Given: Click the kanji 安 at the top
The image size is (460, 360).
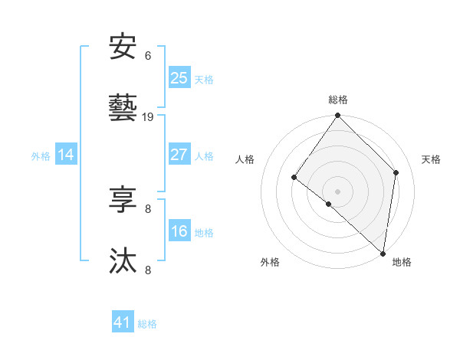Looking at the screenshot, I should [x=123, y=47].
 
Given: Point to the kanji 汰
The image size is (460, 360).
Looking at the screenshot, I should [x=123, y=261].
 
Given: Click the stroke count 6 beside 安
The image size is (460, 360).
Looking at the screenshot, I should [x=148, y=55].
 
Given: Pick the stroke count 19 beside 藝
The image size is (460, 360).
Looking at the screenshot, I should [x=148, y=117].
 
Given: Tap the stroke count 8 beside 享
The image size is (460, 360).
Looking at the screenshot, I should [x=148, y=208].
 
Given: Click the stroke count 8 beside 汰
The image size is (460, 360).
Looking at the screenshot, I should [x=148, y=270].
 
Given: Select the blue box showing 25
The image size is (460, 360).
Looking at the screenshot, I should [x=179, y=77].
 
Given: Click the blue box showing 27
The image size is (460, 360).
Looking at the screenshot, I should [x=179, y=154].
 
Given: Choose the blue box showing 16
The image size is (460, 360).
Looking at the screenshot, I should [x=179, y=231].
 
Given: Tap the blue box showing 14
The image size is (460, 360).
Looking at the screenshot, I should [x=66, y=155].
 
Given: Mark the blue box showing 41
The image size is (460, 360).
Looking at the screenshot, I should [x=123, y=322].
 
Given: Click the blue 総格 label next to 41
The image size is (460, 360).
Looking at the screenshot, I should [x=147, y=324].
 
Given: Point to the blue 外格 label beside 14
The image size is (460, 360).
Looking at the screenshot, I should [x=41, y=155].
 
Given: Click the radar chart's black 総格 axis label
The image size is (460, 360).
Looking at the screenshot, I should [x=338, y=100].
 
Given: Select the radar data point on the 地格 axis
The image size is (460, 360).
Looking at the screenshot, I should [x=383, y=253].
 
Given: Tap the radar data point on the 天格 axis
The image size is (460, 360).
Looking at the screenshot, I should [x=396, y=172].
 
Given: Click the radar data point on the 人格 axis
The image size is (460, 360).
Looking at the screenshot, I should [x=294, y=177].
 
